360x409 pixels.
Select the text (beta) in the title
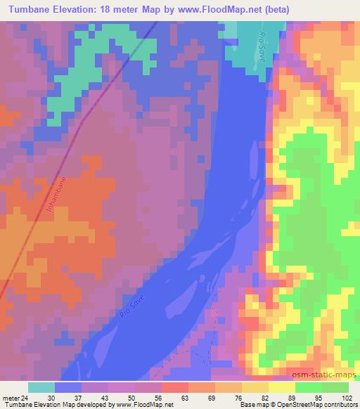259,8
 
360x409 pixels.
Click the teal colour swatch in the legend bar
41,387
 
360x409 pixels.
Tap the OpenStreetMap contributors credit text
321,404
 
